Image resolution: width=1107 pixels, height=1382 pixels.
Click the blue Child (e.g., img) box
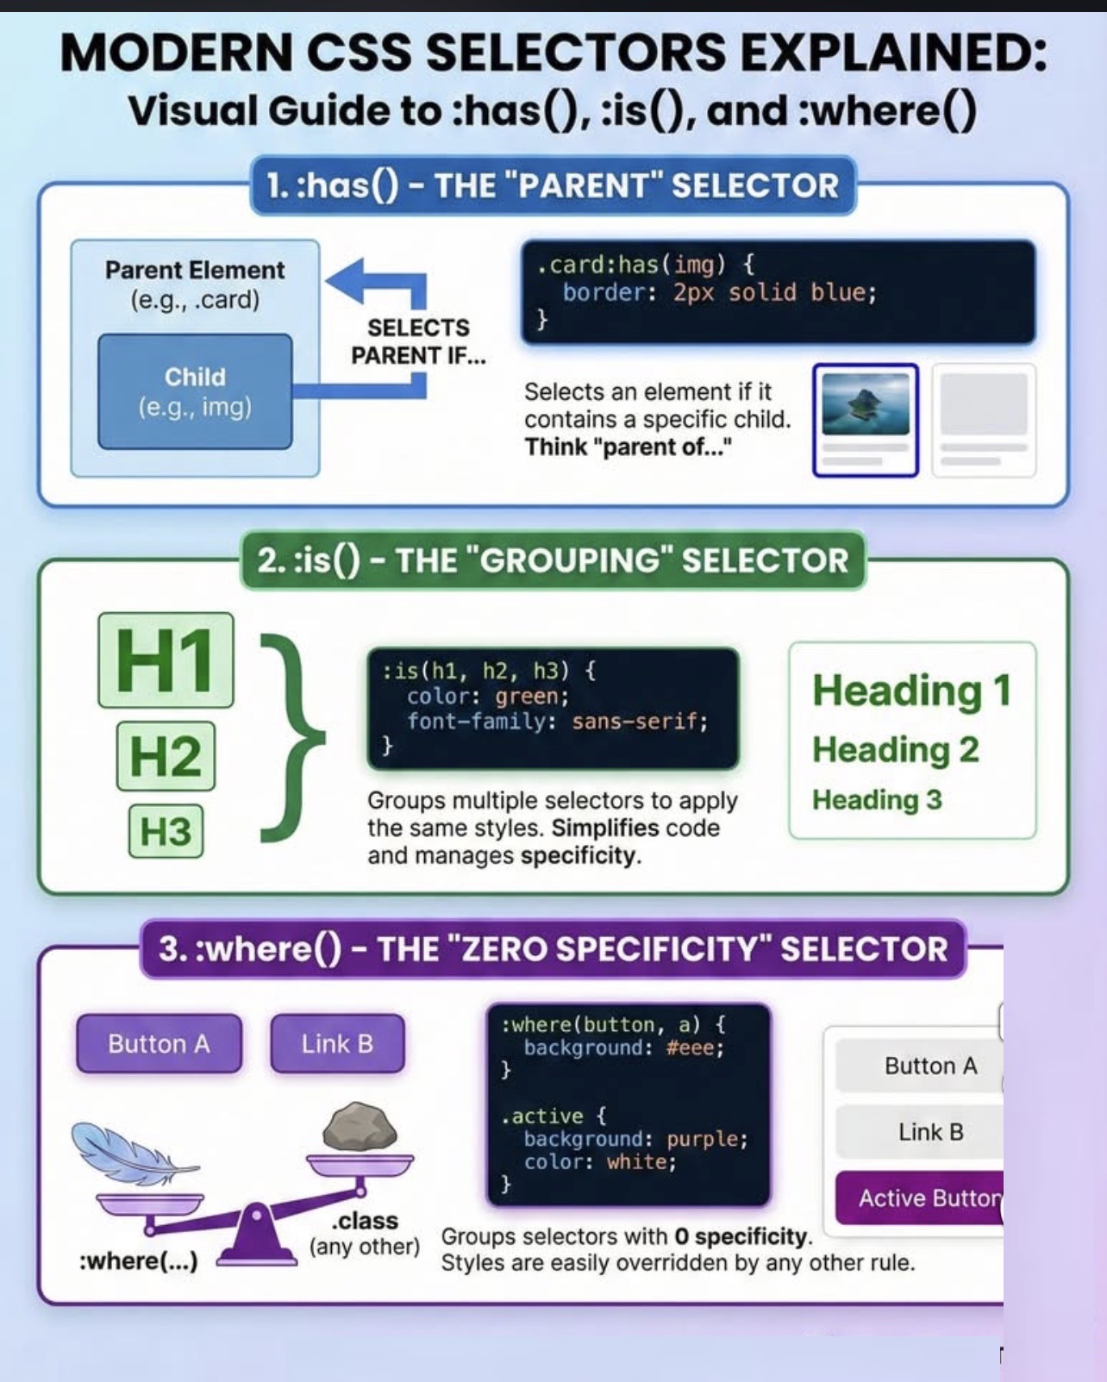point(195,391)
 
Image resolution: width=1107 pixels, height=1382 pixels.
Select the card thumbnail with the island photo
point(866,420)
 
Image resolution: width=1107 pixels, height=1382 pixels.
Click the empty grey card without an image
point(984,420)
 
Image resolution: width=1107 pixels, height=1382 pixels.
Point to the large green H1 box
point(166,660)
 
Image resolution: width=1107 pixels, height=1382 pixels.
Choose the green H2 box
point(166,756)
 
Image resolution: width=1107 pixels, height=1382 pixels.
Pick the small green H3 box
point(166,831)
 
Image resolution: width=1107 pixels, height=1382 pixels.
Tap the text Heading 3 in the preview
point(877,799)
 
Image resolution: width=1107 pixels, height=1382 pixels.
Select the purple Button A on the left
point(159,1043)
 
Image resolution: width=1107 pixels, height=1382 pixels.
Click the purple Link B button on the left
point(338,1043)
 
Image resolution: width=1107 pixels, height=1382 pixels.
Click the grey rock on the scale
point(360,1126)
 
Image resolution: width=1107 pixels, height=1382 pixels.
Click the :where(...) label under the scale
point(139,1261)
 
